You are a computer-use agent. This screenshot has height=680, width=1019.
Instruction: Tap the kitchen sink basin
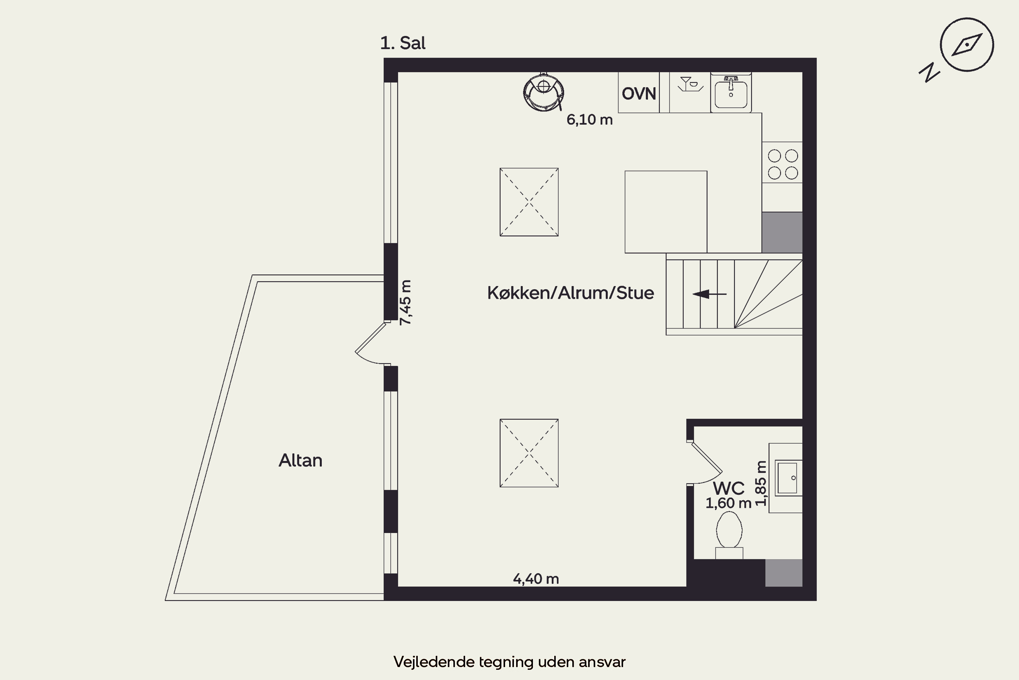[x=731, y=94]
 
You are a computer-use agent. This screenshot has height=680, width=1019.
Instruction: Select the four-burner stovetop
[x=783, y=164]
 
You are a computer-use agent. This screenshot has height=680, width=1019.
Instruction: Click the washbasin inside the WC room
[x=788, y=478]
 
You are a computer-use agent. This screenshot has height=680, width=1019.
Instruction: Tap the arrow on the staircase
[x=709, y=294]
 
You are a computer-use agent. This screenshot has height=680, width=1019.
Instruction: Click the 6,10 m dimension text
[x=590, y=120]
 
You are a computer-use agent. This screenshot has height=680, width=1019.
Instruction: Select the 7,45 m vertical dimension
[x=406, y=302]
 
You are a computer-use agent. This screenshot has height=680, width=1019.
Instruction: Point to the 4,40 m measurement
[x=536, y=579]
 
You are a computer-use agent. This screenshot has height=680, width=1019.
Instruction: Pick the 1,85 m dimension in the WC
[x=761, y=483]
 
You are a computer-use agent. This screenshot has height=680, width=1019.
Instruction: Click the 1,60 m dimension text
[x=728, y=503]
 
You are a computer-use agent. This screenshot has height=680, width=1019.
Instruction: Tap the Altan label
[x=300, y=461]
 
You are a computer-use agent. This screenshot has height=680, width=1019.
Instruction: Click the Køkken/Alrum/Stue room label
[x=571, y=293]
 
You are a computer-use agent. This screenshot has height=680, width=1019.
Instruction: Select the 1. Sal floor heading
[x=403, y=43]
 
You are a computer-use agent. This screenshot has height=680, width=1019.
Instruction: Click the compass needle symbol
[x=966, y=45]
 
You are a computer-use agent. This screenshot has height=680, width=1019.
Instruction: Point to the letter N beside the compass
[x=929, y=72]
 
